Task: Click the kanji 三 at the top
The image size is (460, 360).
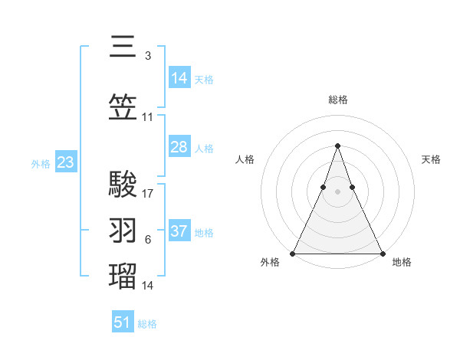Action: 123,47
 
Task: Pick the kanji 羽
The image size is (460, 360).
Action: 123,230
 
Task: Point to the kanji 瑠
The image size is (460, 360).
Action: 123,275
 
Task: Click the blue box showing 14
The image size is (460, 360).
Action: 179,77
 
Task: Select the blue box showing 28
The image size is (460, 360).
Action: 179,147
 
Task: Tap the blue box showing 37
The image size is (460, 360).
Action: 179,231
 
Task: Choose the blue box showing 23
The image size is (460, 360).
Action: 65,162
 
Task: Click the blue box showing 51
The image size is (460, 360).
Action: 123,322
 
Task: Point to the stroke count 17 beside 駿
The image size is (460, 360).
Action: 148,194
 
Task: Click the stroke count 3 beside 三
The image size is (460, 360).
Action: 148,56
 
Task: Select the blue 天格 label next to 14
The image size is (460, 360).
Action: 204,79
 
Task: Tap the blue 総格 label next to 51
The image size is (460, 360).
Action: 147,324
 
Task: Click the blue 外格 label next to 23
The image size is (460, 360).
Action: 41,163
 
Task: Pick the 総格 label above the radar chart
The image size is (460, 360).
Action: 337,100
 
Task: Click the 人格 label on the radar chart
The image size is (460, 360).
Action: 245,159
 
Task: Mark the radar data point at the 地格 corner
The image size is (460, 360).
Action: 382,253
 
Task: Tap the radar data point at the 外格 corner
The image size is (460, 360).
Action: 293,253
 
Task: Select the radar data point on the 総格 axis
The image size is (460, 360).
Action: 337,145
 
